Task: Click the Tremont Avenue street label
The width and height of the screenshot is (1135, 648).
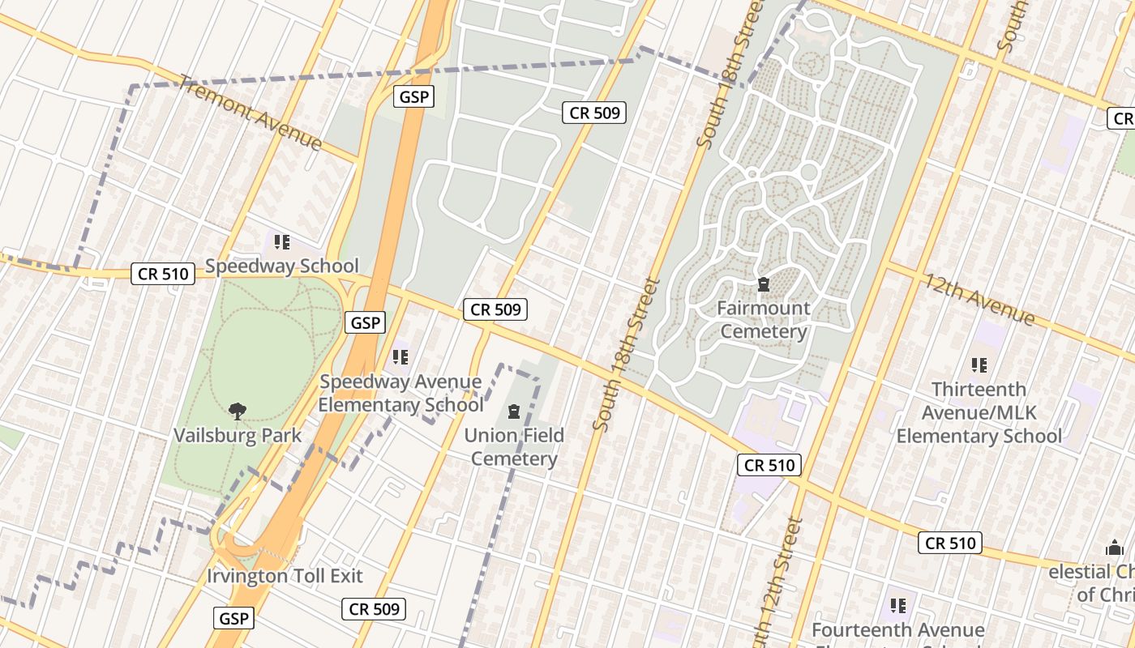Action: (251, 113)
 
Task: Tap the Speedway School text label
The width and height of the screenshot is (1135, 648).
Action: (282, 266)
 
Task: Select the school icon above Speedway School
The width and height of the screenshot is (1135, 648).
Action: (281, 241)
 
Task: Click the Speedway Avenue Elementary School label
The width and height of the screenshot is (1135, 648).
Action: (400, 393)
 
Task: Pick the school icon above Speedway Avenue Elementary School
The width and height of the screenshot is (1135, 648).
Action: (400, 356)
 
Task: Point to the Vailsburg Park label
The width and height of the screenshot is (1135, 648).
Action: (238, 435)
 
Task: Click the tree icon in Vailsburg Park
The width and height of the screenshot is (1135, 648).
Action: (238, 411)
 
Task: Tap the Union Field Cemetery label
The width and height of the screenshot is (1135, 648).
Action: (514, 447)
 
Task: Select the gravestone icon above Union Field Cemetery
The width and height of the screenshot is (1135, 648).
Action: (513, 411)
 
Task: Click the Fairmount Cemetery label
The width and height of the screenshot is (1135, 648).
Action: (764, 320)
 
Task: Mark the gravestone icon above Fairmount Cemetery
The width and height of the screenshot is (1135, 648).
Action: (763, 284)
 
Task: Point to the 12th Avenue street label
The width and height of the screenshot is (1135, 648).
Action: (979, 299)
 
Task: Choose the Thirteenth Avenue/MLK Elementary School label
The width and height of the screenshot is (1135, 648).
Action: (979, 412)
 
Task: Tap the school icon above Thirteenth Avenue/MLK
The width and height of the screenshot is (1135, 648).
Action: (979, 365)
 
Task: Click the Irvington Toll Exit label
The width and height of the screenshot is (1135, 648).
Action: (285, 576)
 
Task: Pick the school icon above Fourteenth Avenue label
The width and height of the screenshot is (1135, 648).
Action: (897, 605)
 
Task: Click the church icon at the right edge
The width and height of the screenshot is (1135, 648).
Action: (1115, 548)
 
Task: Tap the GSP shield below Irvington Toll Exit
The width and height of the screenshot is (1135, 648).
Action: (235, 619)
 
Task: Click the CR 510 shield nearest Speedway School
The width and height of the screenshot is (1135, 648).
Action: (164, 274)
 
